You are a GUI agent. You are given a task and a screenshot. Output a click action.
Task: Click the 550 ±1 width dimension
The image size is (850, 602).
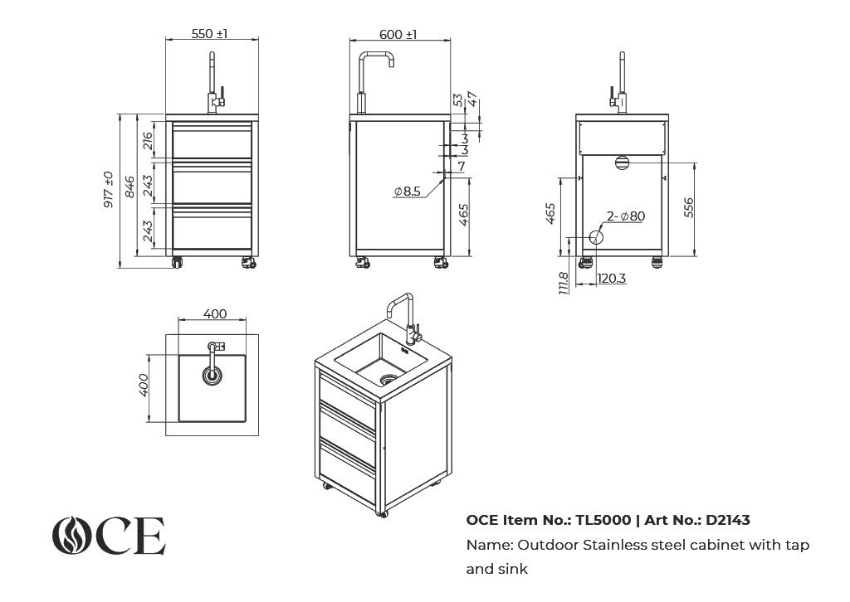click(x=209, y=33)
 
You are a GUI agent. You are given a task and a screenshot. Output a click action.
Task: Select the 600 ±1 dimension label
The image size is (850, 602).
click(x=398, y=34)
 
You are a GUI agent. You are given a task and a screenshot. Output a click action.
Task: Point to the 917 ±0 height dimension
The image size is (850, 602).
click(x=109, y=190)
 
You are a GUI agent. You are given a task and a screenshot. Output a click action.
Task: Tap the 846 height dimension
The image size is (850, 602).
click(x=129, y=187)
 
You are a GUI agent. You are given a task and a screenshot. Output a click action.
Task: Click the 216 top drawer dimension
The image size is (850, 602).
click(x=148, y=141)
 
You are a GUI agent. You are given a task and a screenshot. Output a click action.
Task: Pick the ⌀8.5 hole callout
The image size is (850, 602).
click(x=408, y=191)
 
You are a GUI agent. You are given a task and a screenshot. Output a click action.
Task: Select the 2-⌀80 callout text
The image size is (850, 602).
click(x=626, y=216)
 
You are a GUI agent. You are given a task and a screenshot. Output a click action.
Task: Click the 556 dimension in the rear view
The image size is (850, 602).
click(x=688, y=208)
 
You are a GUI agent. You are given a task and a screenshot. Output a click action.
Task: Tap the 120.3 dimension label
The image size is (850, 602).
click(x=612, y=279)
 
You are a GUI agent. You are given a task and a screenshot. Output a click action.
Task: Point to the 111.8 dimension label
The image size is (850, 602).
click(x=564, y=283)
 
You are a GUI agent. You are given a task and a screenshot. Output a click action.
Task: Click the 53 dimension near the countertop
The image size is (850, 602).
click(x=458, y=100)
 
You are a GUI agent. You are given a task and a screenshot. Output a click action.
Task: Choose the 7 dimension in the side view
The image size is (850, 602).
click(x=462, y=166)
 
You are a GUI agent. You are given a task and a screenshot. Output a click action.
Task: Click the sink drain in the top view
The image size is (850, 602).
click(x=212, y=375)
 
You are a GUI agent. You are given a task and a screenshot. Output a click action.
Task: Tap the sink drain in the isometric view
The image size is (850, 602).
click(x=388, y=379)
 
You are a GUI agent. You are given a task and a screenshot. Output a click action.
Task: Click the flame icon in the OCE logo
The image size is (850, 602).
click(x=71, y=536)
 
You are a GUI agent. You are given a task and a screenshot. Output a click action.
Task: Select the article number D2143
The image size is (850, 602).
click(x=727, y=520)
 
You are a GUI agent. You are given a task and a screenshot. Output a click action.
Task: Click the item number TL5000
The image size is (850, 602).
click(x=603, y=520)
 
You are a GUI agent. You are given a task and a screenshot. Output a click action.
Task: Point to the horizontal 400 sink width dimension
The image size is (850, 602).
click(x=215, y=314)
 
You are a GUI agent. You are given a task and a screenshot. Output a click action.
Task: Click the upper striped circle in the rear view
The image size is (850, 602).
click(x=622, y=163)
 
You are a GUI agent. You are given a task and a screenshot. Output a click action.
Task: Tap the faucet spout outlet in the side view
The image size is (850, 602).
click(x=391, y=64)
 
